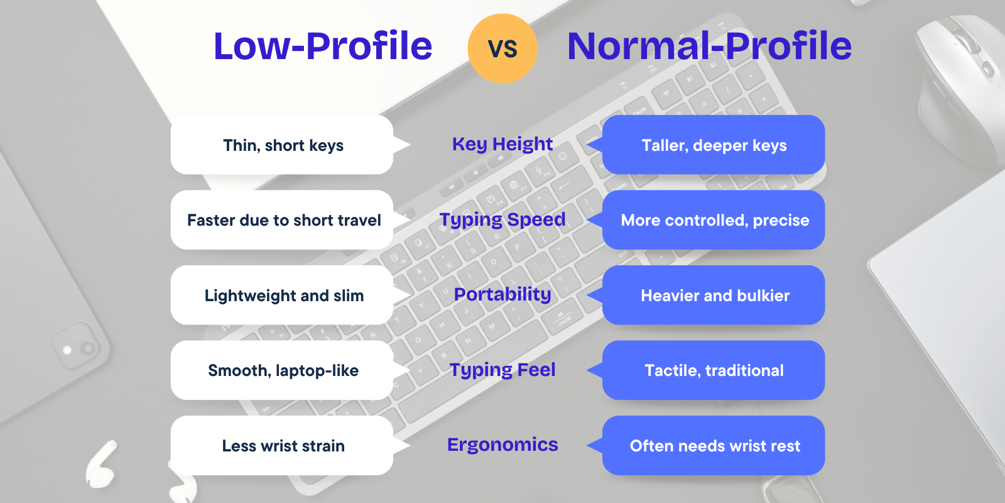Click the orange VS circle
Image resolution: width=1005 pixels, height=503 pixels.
tap(503, 48)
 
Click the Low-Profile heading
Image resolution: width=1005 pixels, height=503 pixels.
tap(323, 46)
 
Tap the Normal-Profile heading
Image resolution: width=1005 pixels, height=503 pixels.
tap(709, 46)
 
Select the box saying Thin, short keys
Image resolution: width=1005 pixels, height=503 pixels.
tap(283, 145)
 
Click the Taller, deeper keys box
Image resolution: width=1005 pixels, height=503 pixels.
tap(714, 145)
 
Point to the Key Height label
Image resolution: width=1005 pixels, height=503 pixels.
tap(503, 144)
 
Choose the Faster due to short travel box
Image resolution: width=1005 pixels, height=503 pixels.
tap(283, 220)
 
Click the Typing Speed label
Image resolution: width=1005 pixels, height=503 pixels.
tap(503, 219)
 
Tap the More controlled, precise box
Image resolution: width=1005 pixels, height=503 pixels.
tap(714, 220)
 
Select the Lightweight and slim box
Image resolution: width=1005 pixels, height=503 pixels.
tap(283, 296)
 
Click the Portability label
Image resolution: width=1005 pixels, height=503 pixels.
tap(503, 294)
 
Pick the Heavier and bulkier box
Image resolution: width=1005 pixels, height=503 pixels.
tap(714, 296)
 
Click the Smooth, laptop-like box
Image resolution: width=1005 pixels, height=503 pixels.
tap(283, 370)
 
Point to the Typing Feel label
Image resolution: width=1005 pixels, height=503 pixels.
tap(503, 370)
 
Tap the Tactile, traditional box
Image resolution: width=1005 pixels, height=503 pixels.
tap(714, 370)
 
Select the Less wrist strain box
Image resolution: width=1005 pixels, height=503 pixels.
tap(283, 446)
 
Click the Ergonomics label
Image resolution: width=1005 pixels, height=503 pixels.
tap(503, 445)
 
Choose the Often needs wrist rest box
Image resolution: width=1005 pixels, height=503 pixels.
tap(714, 446)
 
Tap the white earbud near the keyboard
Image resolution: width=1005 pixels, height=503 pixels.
tap(100, 465)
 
